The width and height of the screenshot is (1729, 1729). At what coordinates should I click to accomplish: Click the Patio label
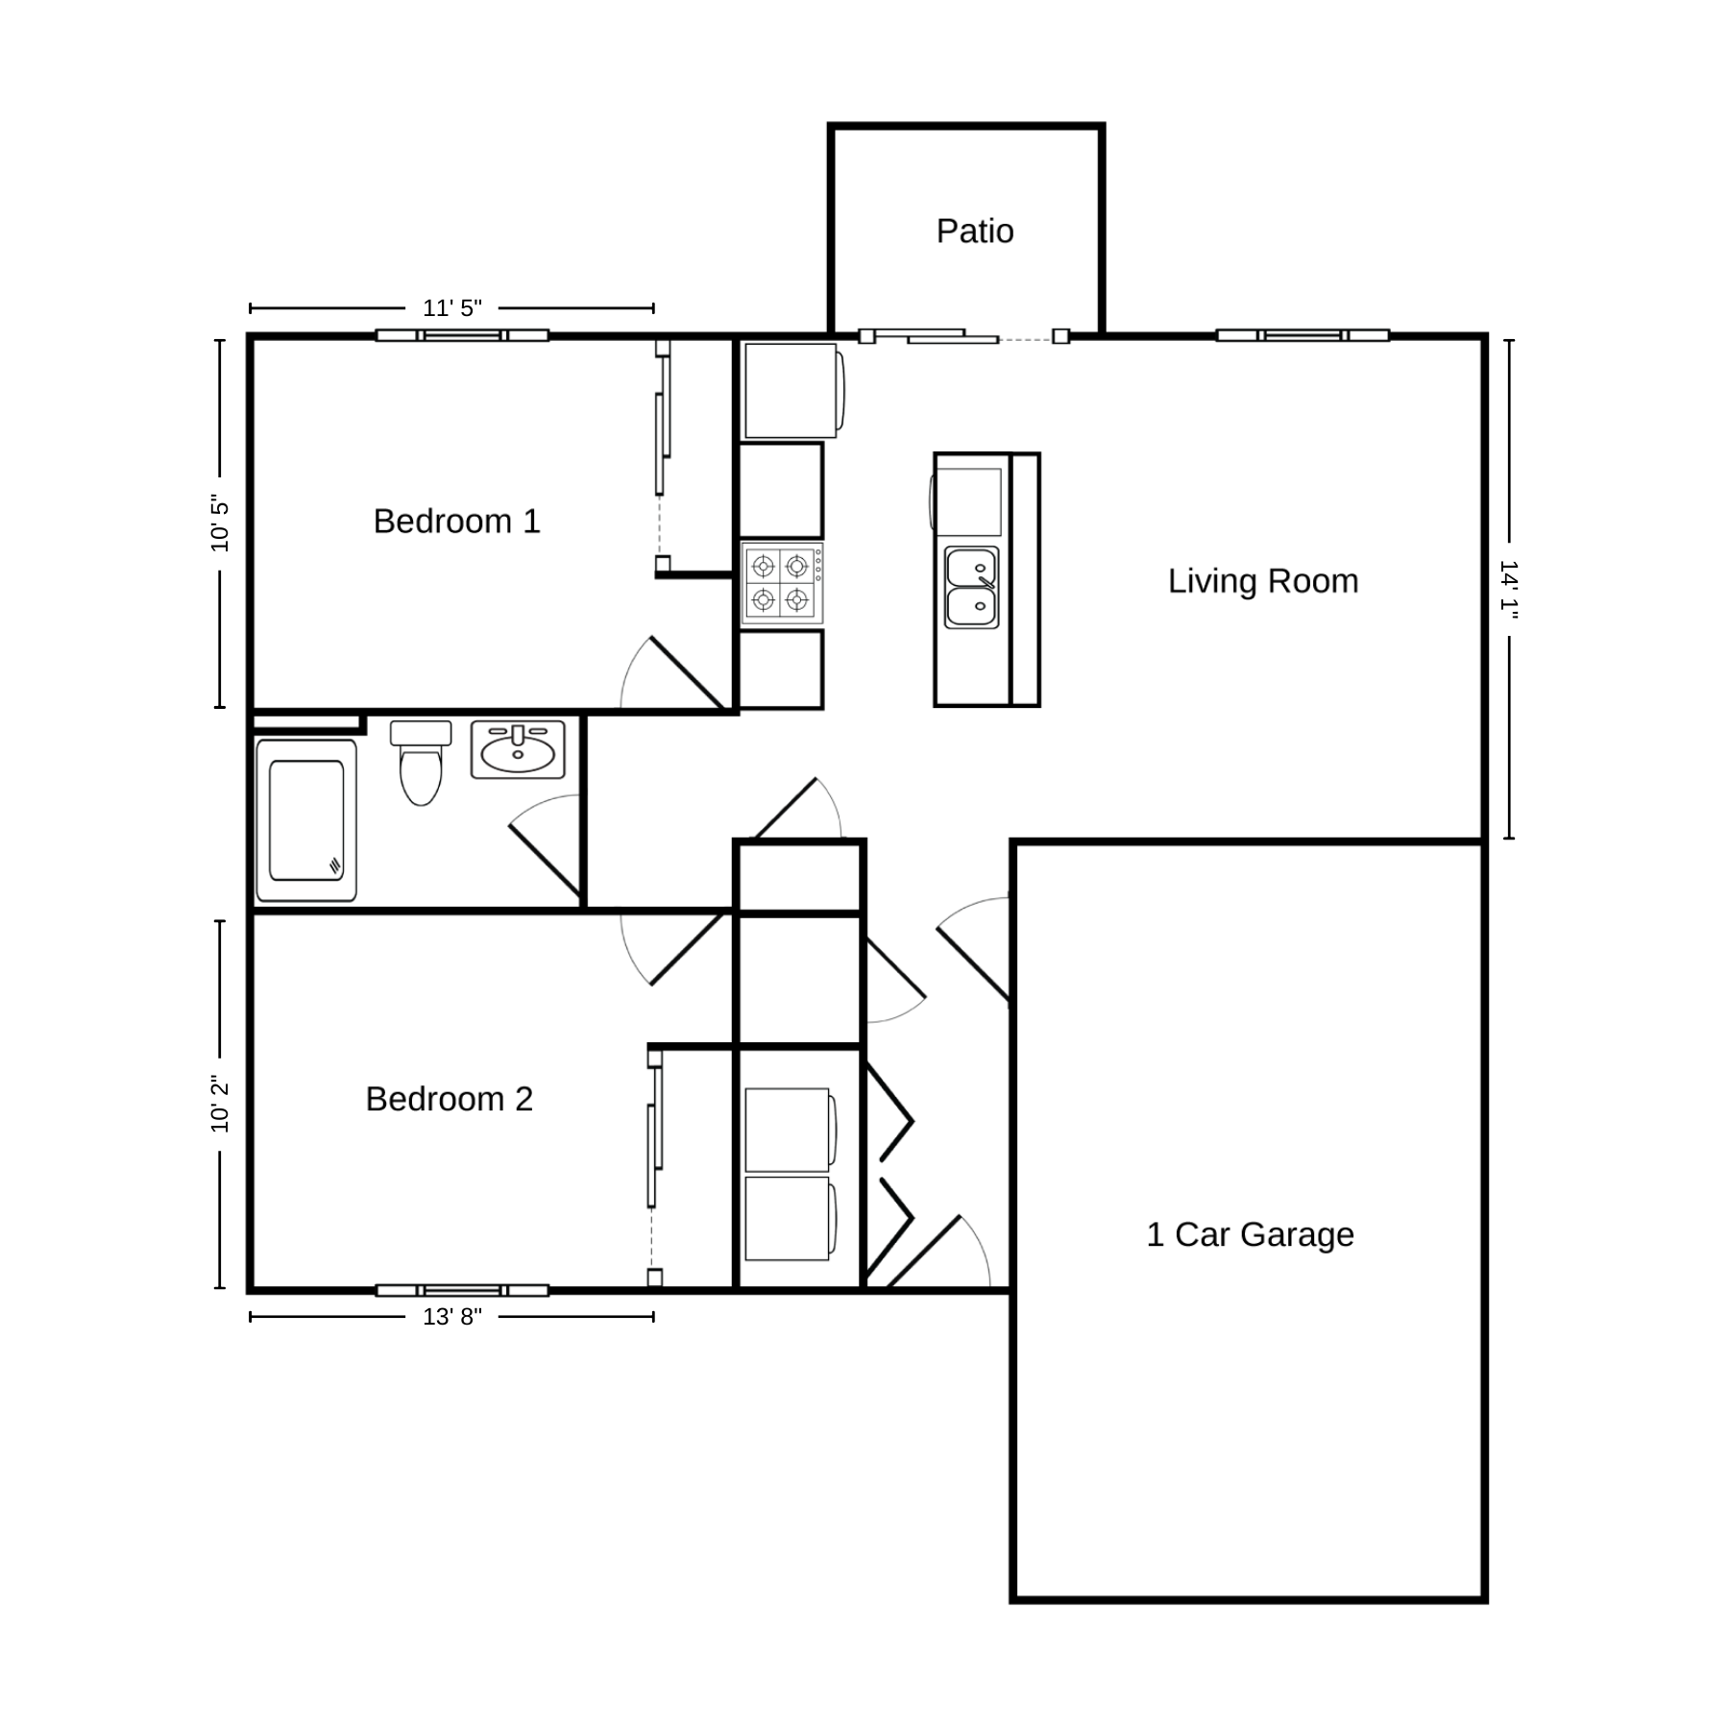coord(975,231)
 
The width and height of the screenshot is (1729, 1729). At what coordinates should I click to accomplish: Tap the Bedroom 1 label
coord(457,522)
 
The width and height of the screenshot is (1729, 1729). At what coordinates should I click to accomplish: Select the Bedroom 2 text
coord(450,1099)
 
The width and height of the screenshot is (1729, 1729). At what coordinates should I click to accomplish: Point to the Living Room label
coord(1263,581)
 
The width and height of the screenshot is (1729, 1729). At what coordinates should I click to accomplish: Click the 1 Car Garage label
coord(1251,1234)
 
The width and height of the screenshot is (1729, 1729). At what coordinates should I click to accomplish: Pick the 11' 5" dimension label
coord(452,308)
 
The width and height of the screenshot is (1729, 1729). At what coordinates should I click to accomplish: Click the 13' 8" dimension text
coord(452,1317)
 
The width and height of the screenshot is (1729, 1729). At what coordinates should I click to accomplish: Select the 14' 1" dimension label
coord(1509,590)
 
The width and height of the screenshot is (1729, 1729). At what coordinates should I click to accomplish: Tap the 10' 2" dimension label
coord(220,1104)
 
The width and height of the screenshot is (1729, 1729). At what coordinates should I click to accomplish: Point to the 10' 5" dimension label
coord(220,524)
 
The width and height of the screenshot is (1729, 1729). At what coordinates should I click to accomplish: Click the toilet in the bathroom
coord(421,762)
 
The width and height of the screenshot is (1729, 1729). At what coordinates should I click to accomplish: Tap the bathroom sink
coord(518,749)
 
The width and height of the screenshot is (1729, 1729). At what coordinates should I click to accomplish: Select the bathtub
coord(306,820)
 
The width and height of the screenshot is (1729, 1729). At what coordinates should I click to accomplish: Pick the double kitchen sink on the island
coord(972,587)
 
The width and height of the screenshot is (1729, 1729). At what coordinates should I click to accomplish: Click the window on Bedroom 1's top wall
coord(462,335)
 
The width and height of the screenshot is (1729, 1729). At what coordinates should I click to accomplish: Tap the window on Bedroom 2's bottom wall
coord(462,1290)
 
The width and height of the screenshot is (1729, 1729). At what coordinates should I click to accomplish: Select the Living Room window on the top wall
coord(1303,335)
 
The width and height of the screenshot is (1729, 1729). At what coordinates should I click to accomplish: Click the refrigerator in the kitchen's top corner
coord(793,390)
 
